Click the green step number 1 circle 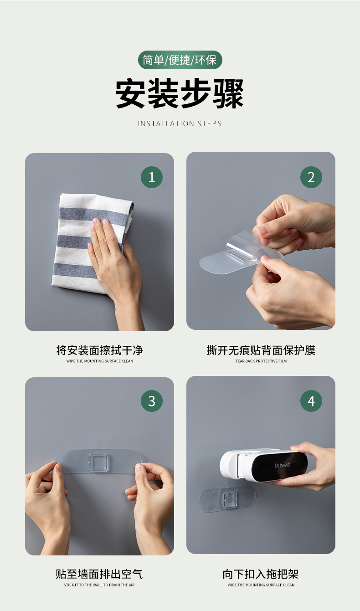[152, 177]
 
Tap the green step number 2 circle [311, 177]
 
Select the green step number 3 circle [152, 400]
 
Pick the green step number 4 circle [311, 400]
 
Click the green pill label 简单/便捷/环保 [180, 60]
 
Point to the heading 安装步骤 [180, 93]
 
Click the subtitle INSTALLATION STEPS [180, 123]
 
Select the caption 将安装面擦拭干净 [99, 350]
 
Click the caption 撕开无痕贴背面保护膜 [261, 350]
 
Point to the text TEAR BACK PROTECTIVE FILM [261, 361]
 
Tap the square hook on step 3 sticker [98, 462]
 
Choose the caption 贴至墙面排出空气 [99, 574]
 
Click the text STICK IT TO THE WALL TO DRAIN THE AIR [99, 585]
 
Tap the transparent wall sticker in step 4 [228, 499]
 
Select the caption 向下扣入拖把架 [261, 574]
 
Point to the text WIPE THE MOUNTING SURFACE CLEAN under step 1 [100, 361]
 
